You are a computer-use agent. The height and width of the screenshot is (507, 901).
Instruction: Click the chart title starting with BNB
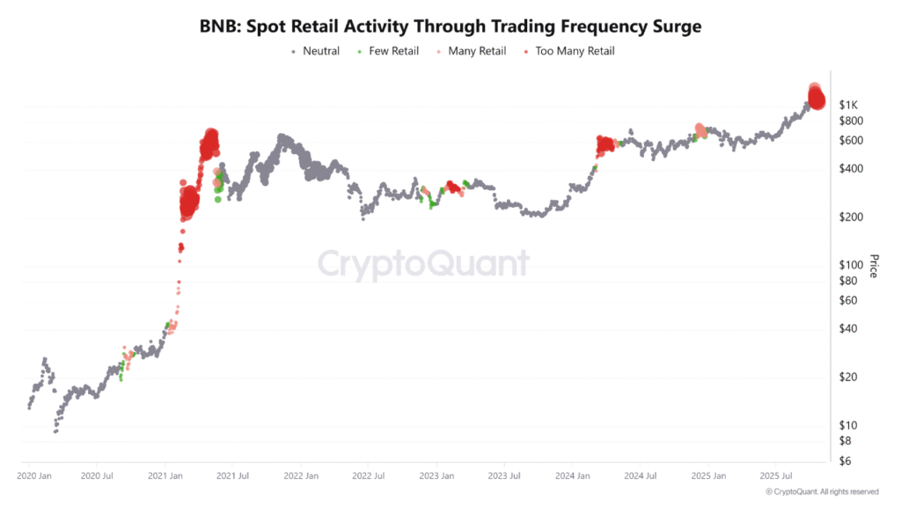tap(450, 26)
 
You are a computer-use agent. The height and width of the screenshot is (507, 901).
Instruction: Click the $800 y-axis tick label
tap(853, 121)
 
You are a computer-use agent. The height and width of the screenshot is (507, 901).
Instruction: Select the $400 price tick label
tap(853, 169)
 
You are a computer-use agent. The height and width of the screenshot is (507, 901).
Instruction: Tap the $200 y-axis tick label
tap(853, 217)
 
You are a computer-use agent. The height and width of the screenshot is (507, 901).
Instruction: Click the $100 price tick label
tap(853, 265)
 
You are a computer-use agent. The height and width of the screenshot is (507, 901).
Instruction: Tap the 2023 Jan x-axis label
tap(436, 476)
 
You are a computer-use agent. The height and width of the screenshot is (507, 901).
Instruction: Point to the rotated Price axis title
tap(874, 266)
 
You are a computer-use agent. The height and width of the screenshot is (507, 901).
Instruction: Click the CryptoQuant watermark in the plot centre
tap(423, 263)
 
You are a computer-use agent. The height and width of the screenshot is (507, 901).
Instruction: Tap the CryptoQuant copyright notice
tap(822, 491)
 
